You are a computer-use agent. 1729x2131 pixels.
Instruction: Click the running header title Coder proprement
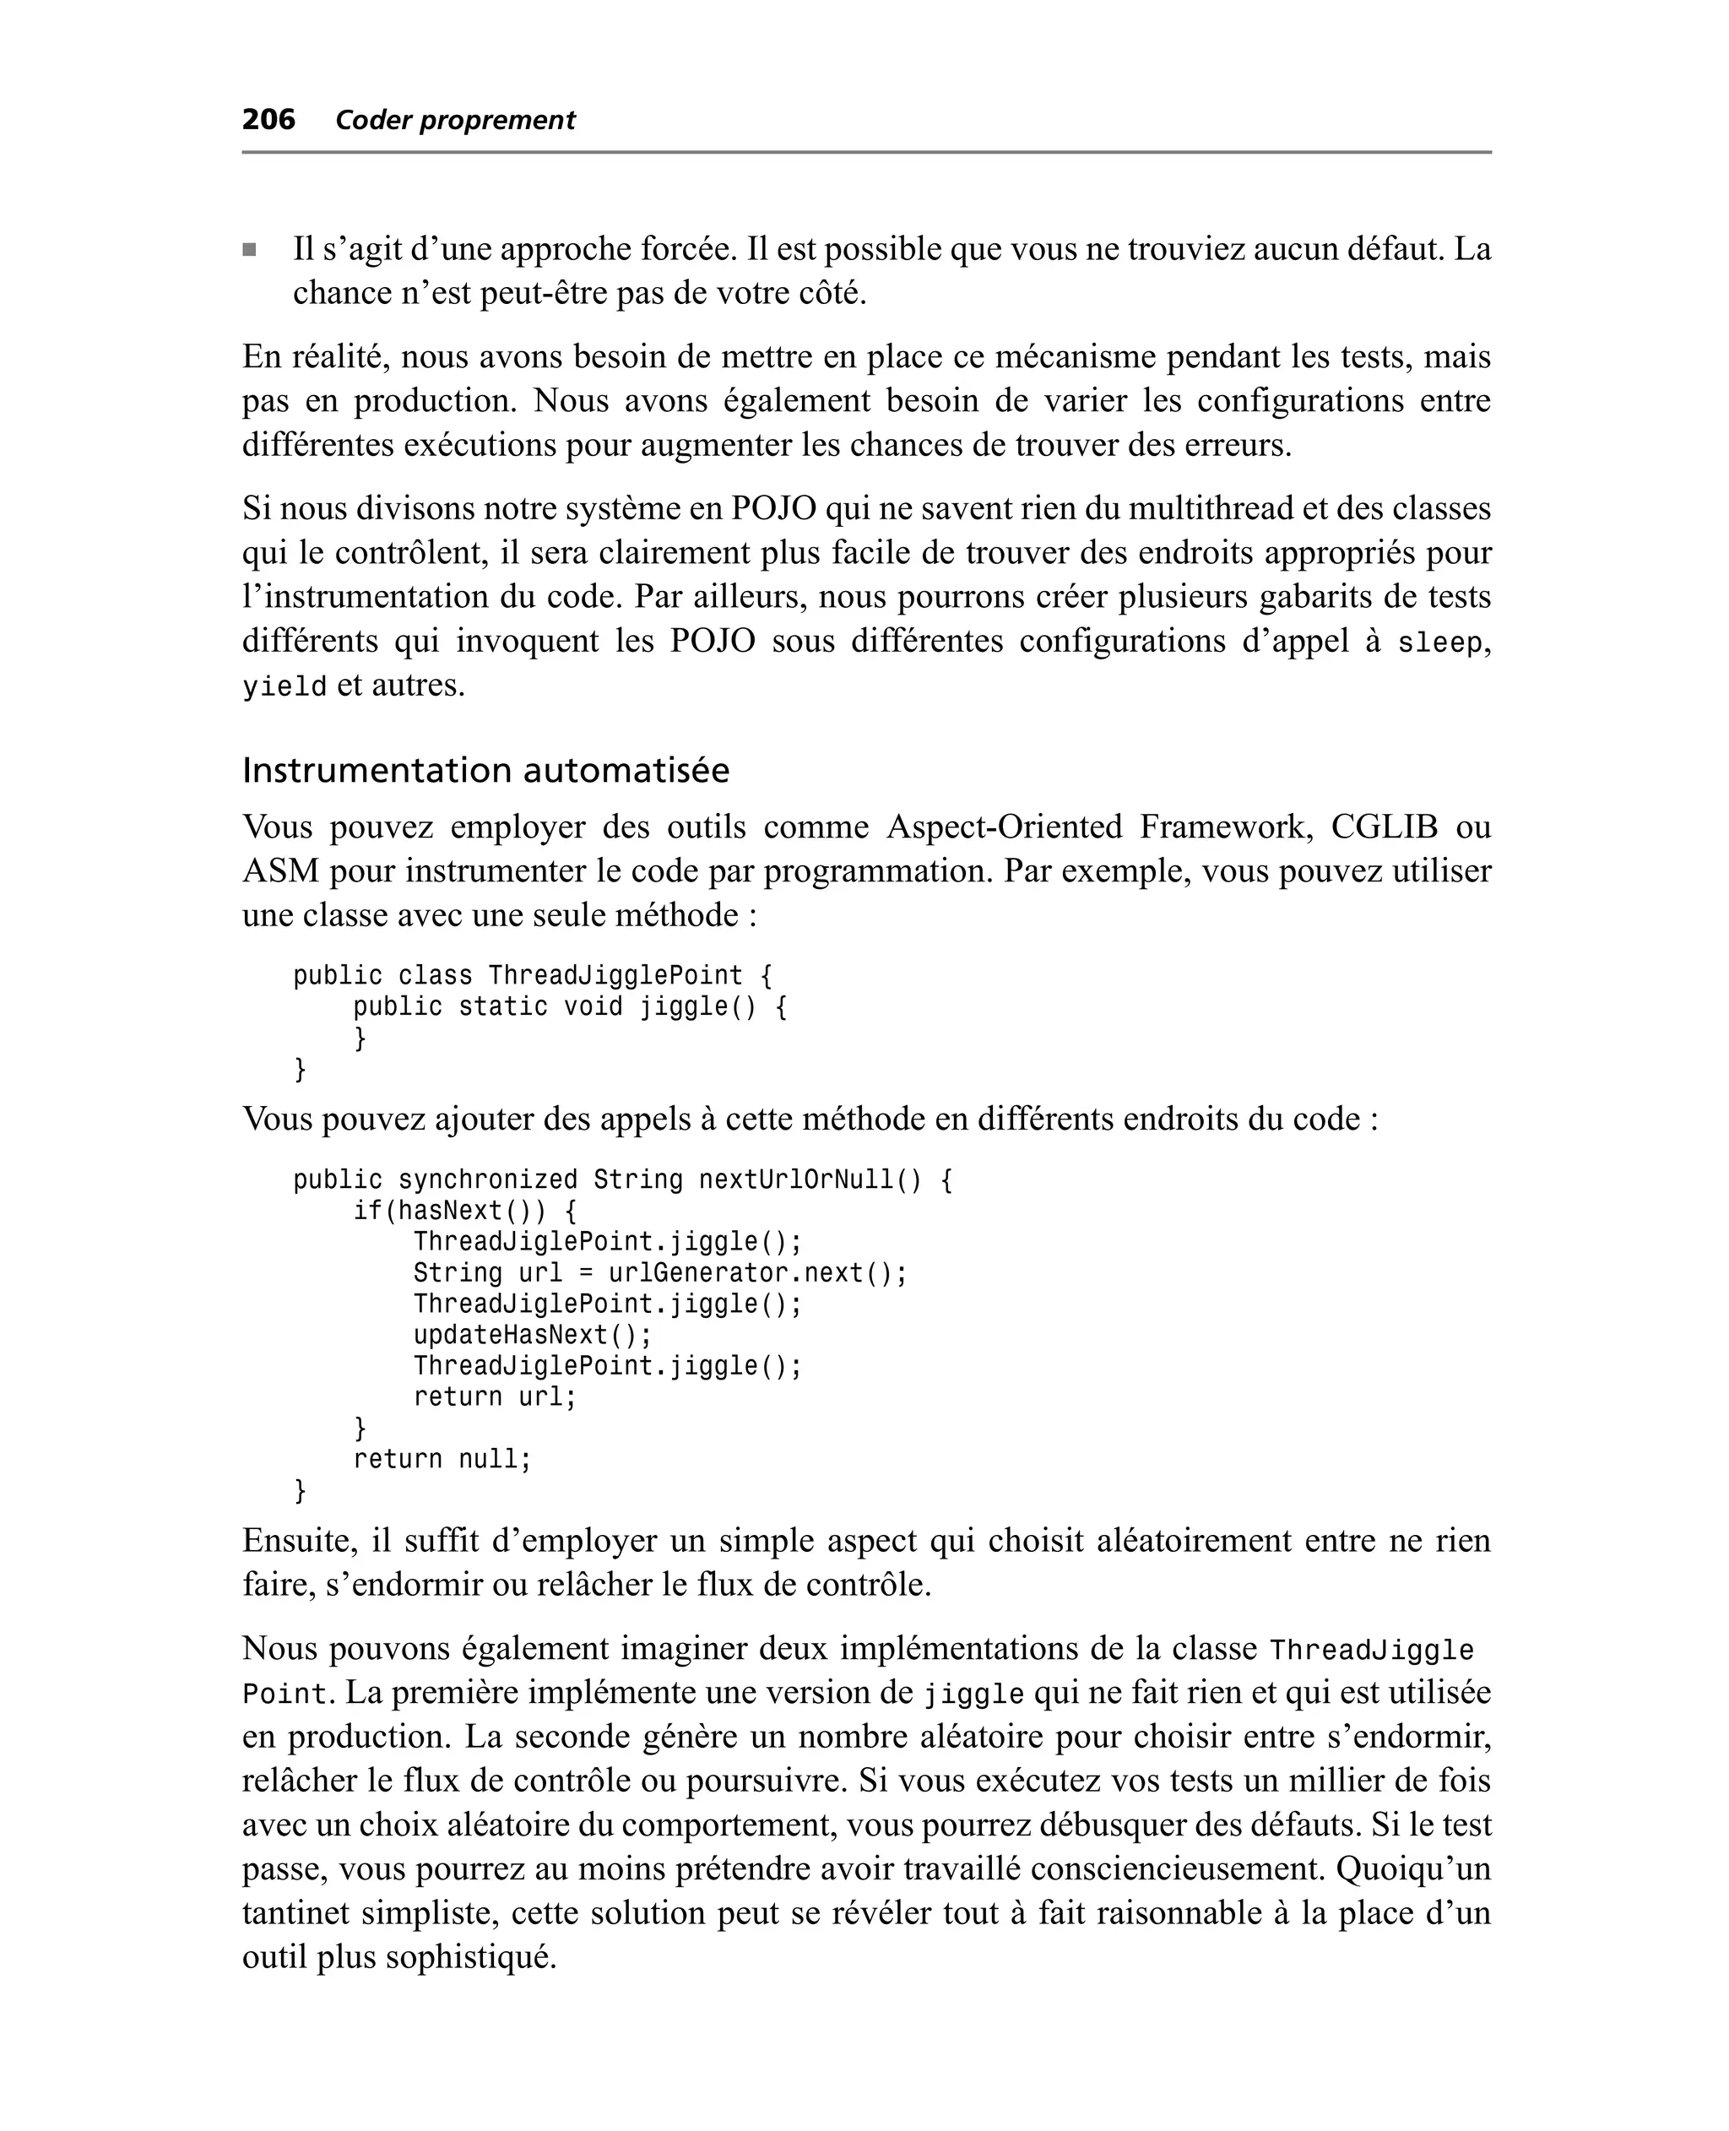pos(455,121)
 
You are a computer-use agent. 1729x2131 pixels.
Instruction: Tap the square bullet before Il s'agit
pos(250,250)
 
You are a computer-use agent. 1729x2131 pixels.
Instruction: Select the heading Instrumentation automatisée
pos(485,770)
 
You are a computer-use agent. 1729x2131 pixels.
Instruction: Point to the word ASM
pos(280,871)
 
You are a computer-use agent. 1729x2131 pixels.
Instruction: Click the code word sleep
pos(1440,643)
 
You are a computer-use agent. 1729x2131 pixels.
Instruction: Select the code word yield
pos(285,687)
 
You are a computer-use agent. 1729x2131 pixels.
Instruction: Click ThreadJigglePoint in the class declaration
pos(615,976)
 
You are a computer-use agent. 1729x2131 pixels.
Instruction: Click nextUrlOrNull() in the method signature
pos(810,1180)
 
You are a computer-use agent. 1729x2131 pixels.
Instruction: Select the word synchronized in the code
pos(487,1180)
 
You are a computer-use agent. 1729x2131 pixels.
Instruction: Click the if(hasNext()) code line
pos(465,1211)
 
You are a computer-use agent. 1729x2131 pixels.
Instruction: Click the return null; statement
pos(442,1459)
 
